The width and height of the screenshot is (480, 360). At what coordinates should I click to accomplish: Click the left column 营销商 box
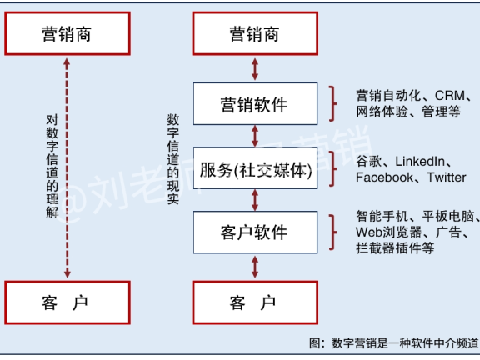[x=67, y=34]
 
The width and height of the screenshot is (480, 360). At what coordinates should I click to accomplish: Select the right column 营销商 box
[x=254, y=34]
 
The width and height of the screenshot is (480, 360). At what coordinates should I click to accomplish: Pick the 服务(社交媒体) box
[x=254, y=171]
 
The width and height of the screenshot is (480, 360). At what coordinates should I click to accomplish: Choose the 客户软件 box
[x=254, y=232]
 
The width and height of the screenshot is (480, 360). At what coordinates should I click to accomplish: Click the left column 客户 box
[x=67, y=302]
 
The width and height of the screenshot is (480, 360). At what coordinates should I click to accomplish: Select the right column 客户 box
[x=254, y=302]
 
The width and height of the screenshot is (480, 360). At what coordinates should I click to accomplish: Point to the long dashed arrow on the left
[x=67, y=167]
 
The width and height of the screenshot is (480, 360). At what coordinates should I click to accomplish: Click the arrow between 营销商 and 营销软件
[x=254, y=69]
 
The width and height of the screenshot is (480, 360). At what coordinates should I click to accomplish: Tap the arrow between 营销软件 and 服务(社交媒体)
[x=254, y=136]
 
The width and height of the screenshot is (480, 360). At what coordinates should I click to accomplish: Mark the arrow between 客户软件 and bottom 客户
[x=254, y=266]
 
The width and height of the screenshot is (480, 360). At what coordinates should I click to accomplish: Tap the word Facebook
[x=384, y=177]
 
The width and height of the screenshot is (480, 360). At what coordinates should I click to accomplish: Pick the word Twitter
[x=447, y=177]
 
